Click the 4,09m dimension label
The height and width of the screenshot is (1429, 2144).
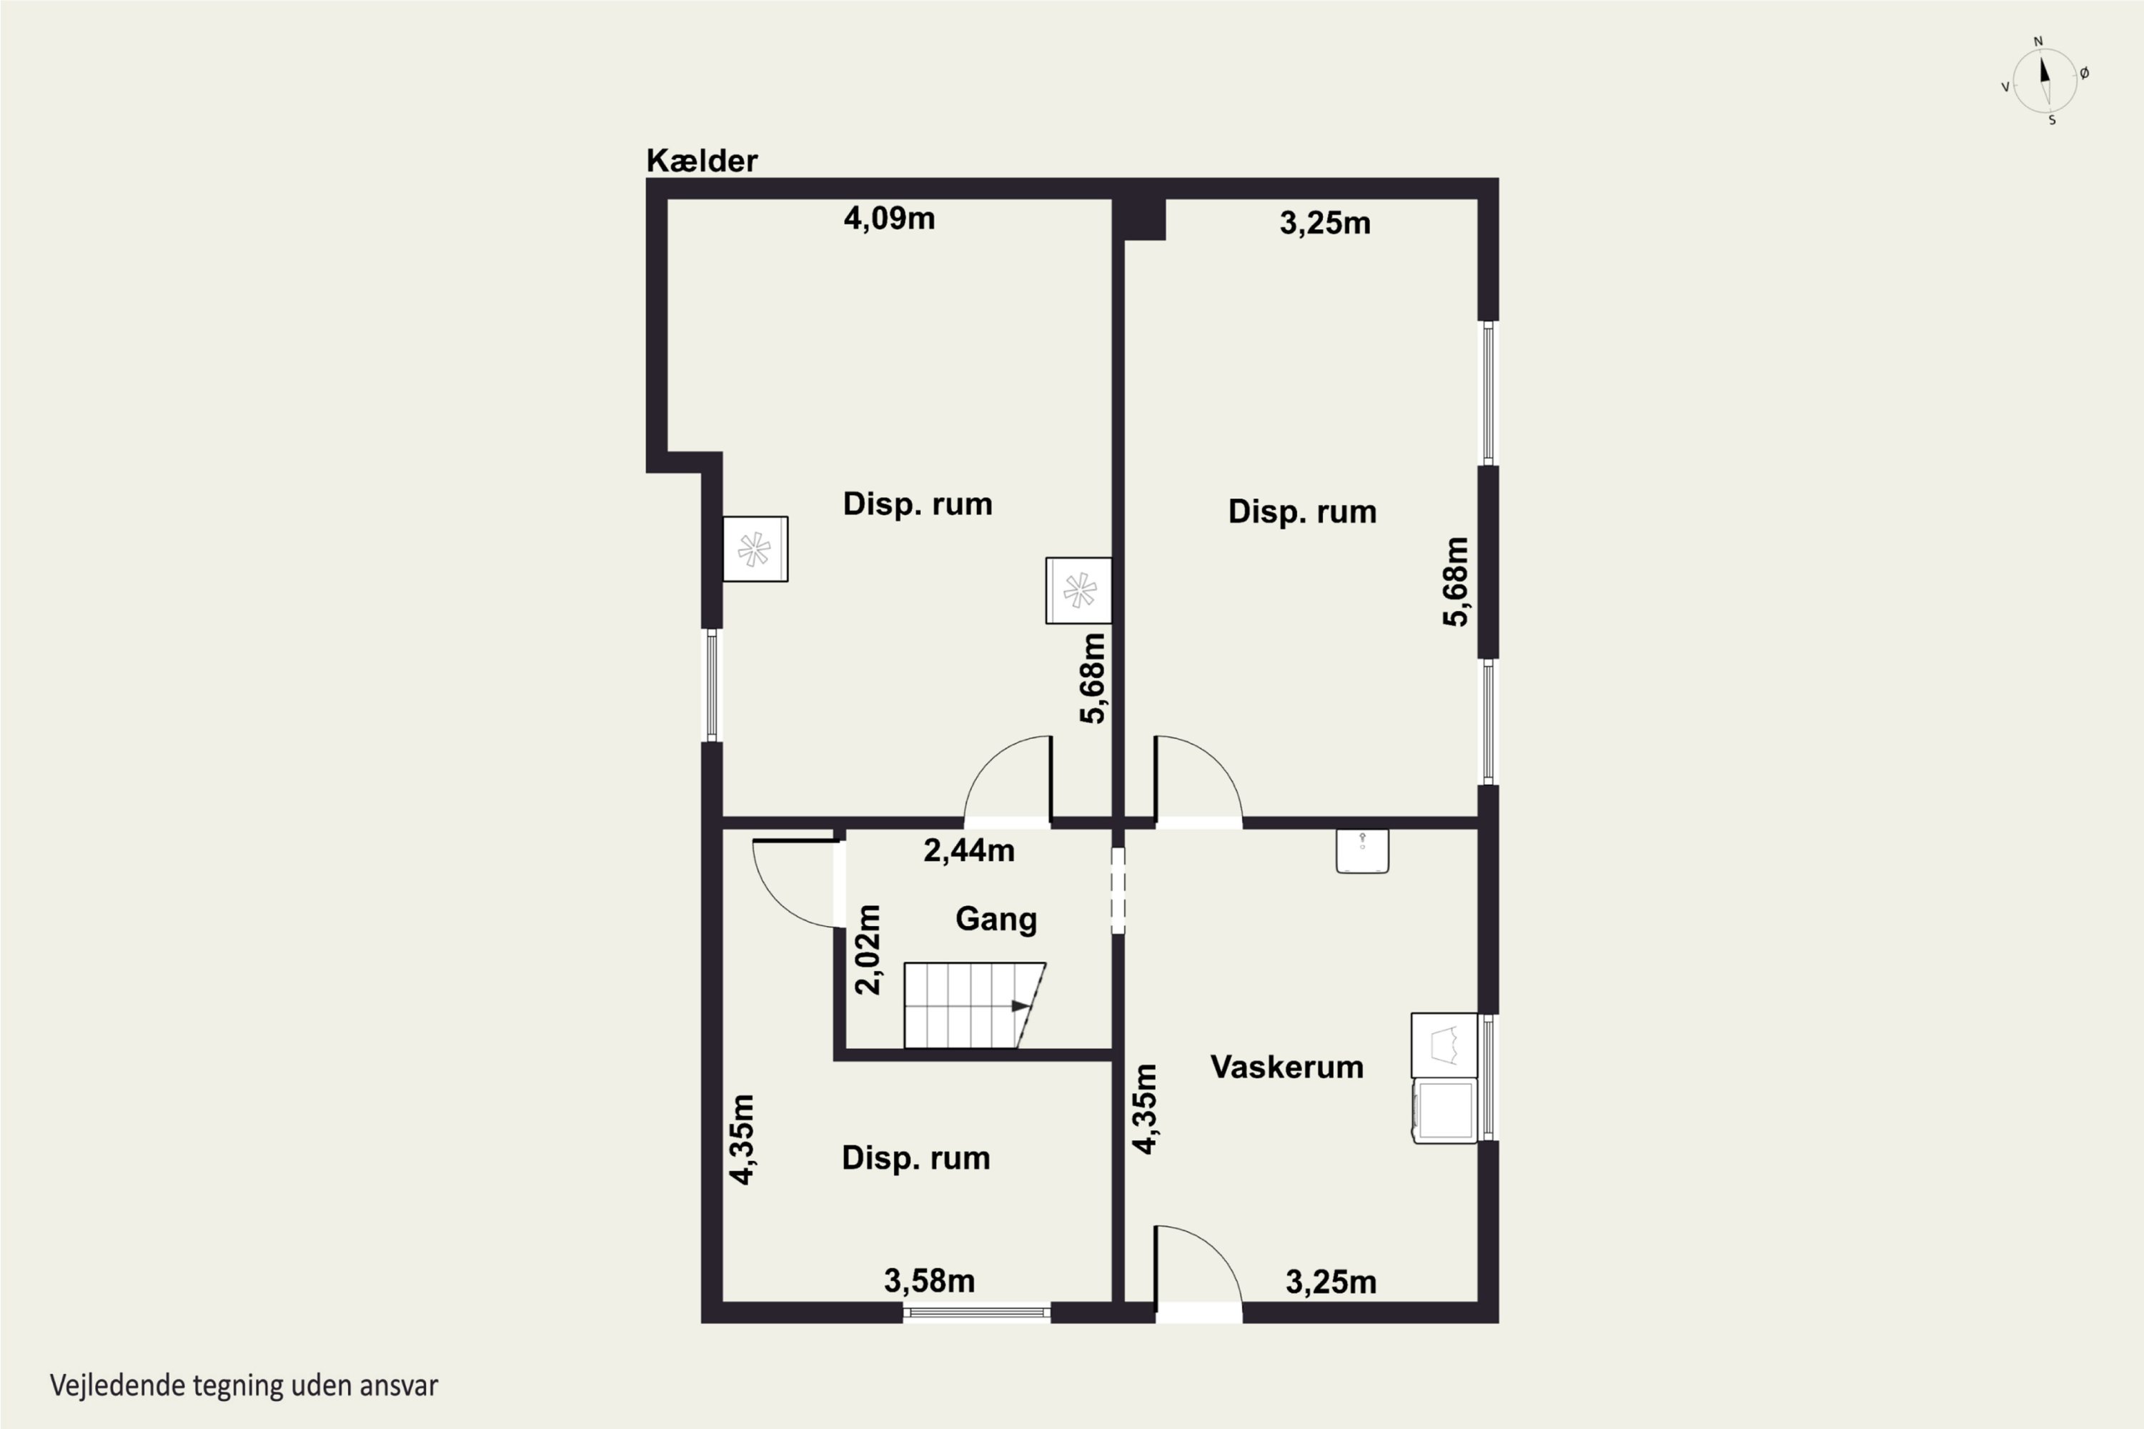click(889, 219)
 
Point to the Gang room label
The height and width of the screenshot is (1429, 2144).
click(996, 919)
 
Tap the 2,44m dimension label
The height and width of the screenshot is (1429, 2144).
click(968, 850)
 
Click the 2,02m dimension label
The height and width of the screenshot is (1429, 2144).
click(869, 950)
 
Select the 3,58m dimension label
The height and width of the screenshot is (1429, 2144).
click(929, 1281)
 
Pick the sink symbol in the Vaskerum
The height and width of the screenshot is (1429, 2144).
click(1362, 851)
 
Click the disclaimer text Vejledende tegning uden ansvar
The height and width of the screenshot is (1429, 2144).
click(244, 1385)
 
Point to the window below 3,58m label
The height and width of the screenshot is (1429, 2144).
click(976, 1313)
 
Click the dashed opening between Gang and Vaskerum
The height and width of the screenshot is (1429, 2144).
click(1118, 890)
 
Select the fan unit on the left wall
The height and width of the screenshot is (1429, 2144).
click(755, 549)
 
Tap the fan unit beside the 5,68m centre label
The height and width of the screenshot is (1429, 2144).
click(1078, 591)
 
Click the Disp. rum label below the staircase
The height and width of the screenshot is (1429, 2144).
click(915, 1157)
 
